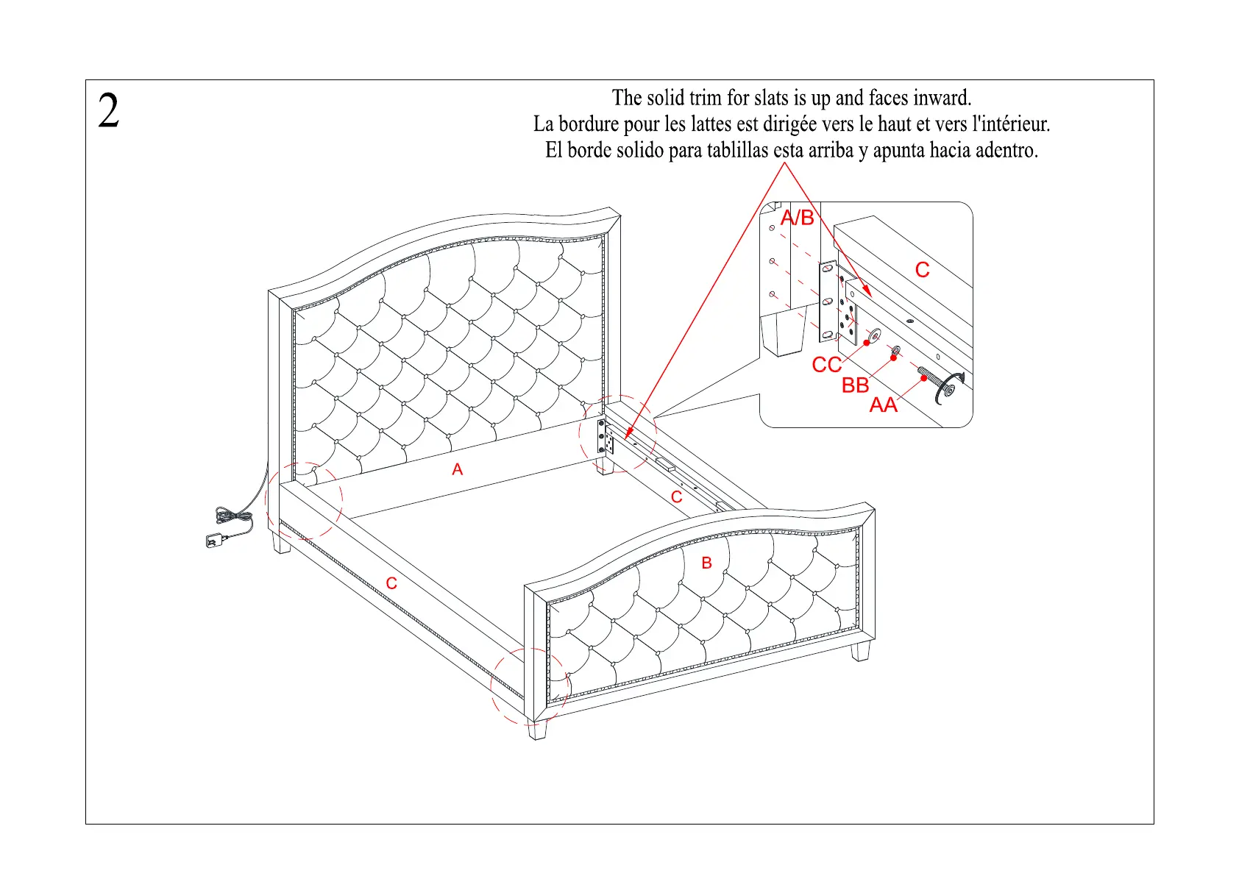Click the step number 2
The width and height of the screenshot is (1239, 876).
click(108, 112)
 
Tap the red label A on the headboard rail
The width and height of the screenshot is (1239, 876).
click(457, 469)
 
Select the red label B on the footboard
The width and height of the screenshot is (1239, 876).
click(706, 563)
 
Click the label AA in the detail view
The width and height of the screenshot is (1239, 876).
click(883, 405)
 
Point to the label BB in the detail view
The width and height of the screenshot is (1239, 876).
click(855, 385)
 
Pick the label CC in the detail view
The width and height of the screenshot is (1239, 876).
click(826, 365)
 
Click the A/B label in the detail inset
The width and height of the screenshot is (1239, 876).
click(797, 218)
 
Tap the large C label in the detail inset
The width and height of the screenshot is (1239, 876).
click(922, 270)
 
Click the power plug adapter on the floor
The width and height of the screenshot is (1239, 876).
click(214, 541)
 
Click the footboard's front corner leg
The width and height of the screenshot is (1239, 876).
click(538, 730)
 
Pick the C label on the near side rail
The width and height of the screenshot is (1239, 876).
click(391, 583)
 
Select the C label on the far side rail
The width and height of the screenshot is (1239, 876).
click(676, 497)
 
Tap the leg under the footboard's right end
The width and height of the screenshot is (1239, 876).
click(862, 651)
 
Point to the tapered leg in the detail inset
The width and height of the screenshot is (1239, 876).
click(781, 332)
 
